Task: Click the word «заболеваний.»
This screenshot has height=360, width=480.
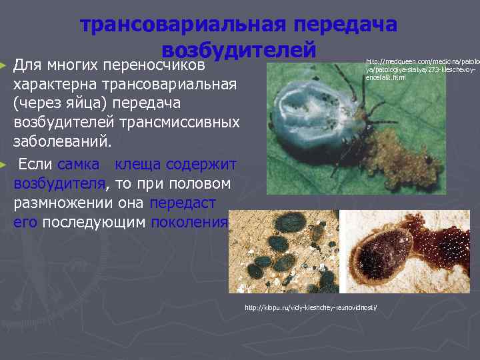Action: [63, 142]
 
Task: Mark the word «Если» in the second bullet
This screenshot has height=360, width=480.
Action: [35, 164]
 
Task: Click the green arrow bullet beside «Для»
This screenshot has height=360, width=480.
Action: [5, 67]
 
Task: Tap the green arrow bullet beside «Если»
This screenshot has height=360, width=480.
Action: [5, 164]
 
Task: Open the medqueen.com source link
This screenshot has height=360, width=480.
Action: [419, 69]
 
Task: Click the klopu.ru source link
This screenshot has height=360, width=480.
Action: [311, 307]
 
